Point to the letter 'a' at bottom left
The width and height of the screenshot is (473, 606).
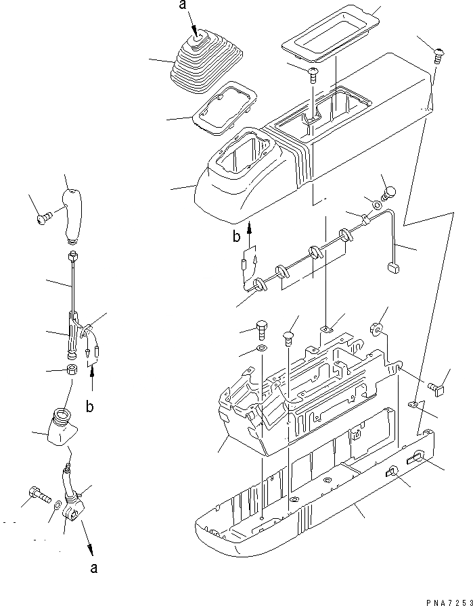point(95,567)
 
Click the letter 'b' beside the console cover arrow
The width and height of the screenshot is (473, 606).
point(237,236)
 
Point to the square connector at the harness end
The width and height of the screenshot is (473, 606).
point(392,269)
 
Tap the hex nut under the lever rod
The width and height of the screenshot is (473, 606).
point(71,371)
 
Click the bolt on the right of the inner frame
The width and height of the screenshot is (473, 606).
point(436,386)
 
